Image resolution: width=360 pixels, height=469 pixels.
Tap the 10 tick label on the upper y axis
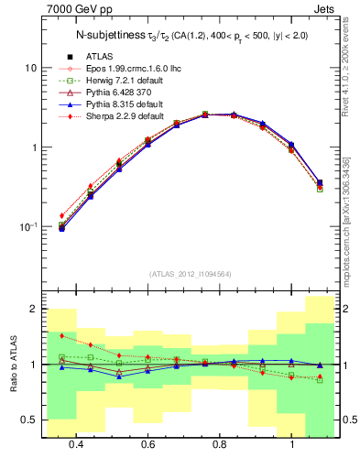coord(30,69)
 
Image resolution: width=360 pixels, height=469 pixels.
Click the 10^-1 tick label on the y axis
coord(27,226)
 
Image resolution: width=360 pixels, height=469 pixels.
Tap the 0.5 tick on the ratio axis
coord(28,420)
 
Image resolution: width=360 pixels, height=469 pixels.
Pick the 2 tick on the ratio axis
coord(33,310)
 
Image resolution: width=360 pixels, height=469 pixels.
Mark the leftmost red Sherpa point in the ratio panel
coord(62,336)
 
